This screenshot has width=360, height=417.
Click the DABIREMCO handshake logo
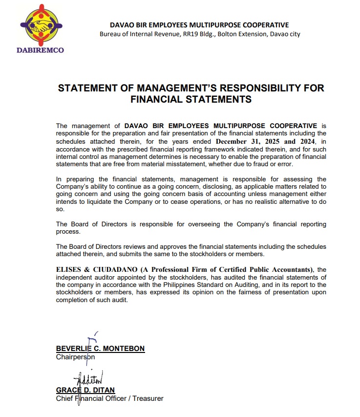[41, 26]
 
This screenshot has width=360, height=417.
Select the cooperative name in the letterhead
[199, 25]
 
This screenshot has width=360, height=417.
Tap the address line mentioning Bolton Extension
[200, 34]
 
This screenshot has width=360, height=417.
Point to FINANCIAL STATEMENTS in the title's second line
[191, 99]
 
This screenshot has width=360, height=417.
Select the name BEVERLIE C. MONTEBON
[100, 349]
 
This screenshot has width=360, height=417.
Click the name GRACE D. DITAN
[86, 390]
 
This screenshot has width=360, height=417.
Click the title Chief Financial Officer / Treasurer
[109, 398]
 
